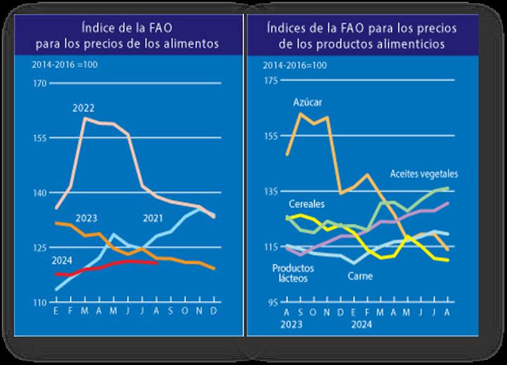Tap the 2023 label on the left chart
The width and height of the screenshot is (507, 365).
pos(86,219)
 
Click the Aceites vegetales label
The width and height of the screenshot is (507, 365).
pos(424,174)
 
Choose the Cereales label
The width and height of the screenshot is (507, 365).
pos(307,205)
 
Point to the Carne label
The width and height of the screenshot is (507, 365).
pos(360,276)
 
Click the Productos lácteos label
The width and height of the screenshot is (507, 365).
pos(294,272)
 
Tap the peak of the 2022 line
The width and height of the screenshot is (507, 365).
pos(86,118)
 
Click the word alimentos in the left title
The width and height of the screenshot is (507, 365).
pos(201,45)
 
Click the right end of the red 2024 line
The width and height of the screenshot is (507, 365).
pos(157,262)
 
